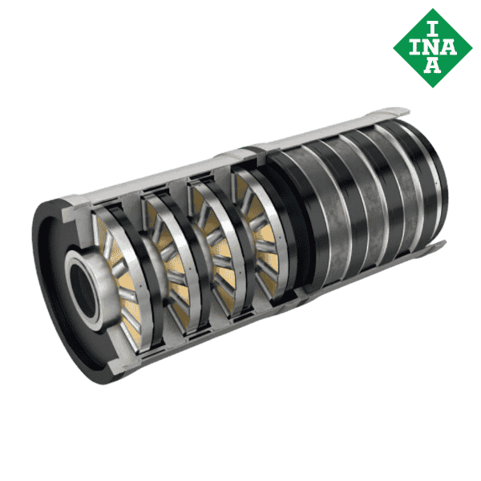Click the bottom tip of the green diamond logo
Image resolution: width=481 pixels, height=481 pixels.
point(433,84)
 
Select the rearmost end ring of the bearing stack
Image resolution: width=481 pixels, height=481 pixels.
point(437,180)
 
